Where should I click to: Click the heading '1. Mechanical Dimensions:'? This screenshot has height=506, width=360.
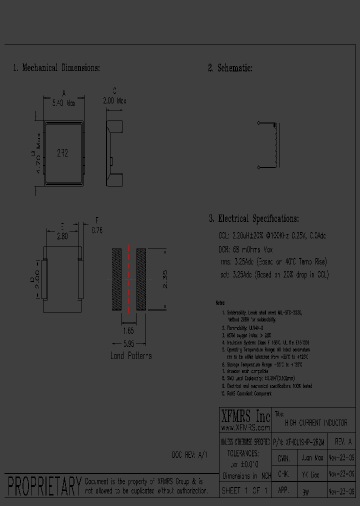(x=56, y=68)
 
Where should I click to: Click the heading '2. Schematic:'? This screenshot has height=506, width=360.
(x=230, y=68)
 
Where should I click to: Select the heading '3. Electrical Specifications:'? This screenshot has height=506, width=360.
(x=254, y=218)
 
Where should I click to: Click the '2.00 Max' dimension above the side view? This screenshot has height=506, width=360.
(x=114, y=100)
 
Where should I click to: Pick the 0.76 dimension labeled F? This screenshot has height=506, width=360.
(x=97, y=230)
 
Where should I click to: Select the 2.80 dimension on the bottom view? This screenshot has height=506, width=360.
(x=62, y=236)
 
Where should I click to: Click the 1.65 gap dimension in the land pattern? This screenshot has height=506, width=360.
(x=128, y=331)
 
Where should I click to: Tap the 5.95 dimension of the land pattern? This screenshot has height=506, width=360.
(x=128, y=344)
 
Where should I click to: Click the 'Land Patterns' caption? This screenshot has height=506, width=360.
(x=131, y=356)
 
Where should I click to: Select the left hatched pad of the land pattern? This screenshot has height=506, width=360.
(x=116, y=279)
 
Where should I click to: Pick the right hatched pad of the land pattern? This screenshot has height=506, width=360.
(x=141, y=279)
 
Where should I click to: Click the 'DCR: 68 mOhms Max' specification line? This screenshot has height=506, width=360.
(x=245, y=249)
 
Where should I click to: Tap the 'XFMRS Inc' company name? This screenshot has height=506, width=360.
(x=245, y=416)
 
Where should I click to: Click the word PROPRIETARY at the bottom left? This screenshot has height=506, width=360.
(x=44, y=486)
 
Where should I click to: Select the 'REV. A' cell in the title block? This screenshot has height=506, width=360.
(x=343, y=442)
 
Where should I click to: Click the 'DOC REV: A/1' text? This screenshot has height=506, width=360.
(x=189, y=455)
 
